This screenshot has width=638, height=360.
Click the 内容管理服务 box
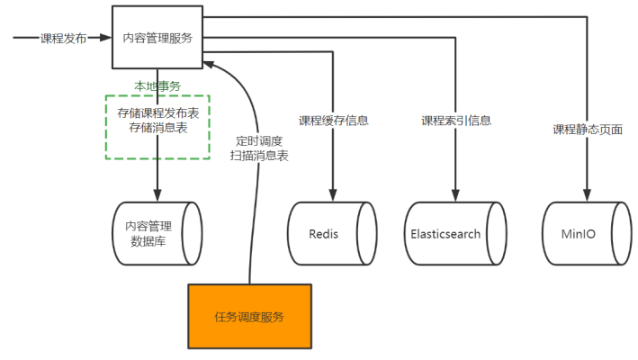point(157,37)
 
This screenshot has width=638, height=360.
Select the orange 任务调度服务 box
point(249,316)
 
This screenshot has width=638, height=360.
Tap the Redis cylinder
point(330,233)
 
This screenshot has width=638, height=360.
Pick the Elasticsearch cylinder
point(455,233)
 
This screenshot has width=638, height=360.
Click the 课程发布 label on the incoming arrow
point(64,39)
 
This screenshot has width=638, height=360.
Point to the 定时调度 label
point(259,140)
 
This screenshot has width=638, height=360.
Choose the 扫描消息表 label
point(259,156)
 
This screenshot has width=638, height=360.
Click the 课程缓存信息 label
point(334,121)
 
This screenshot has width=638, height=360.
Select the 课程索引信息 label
point(456,121)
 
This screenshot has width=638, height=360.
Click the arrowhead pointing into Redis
point(334,194)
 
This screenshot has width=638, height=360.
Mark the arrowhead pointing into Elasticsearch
point(456,194)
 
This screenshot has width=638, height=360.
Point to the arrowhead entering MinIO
point(588,194)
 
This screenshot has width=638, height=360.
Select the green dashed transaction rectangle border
point(106,126)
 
